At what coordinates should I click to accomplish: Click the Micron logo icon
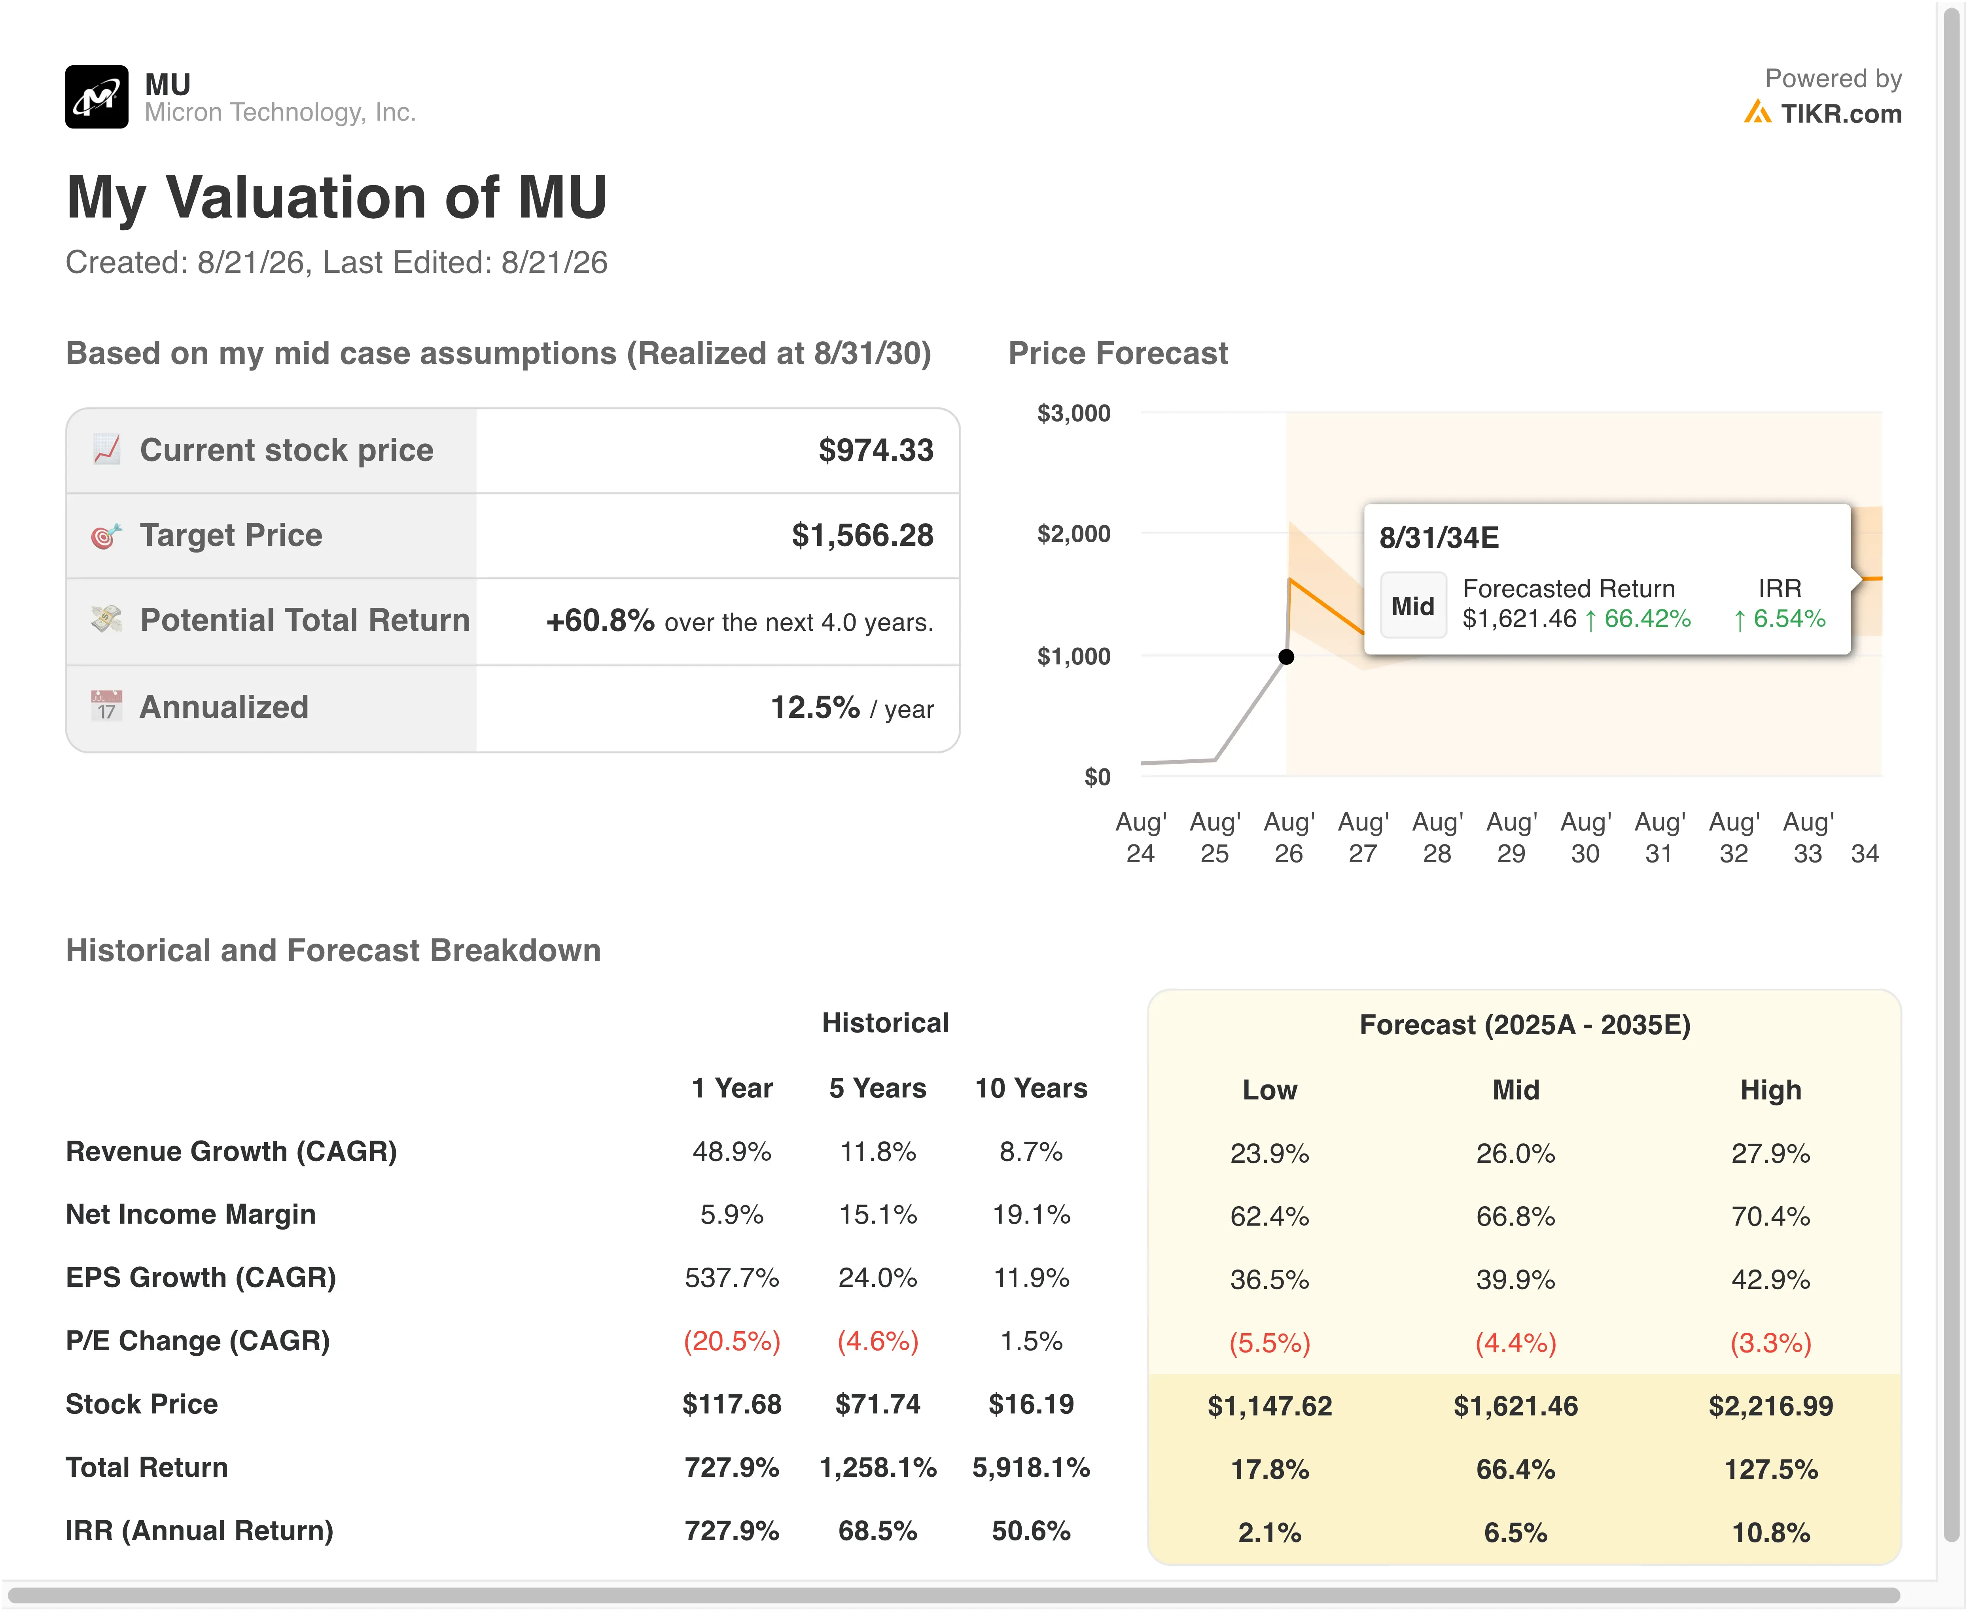coord(97,96)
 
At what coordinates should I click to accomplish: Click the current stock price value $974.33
coord(876,450)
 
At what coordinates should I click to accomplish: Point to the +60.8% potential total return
coord(600,620)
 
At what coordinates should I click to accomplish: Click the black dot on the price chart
coord(1286,657)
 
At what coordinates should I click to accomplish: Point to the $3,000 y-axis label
coord(1073,413)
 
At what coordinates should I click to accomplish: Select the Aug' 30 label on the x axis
coord(1585,838)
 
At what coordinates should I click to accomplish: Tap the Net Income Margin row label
coord(190,1215)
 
